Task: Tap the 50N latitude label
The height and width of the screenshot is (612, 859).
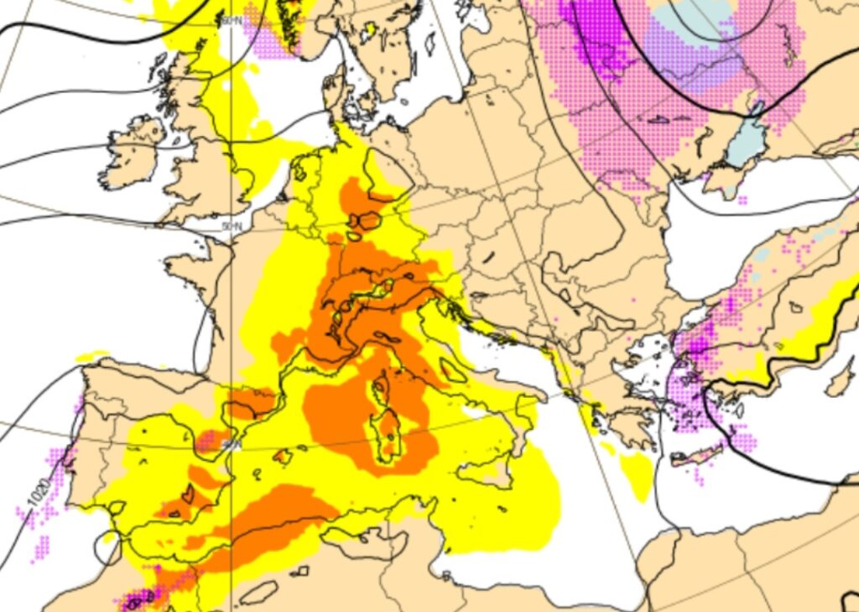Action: click(232, 227)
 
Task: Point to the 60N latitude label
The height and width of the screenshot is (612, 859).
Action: click(232, 19)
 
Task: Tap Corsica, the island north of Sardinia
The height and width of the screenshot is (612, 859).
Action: click(381, 388)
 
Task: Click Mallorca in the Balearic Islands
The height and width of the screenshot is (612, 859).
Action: click(283, 457)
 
